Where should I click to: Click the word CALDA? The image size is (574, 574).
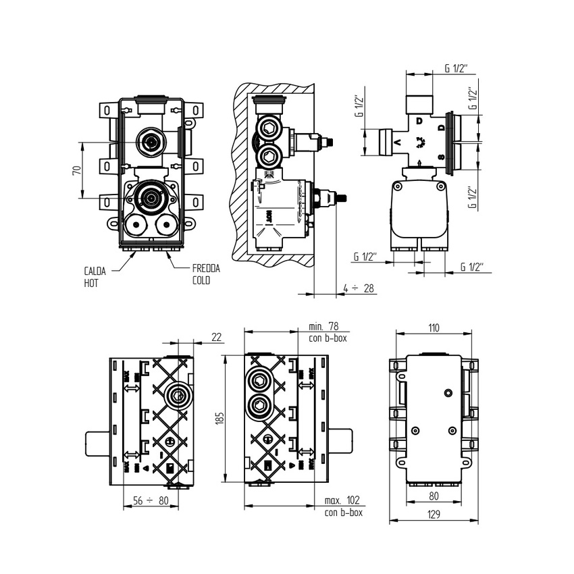point(95,271)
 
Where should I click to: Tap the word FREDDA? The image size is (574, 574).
point(205,268)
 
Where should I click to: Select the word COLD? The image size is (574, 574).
point(201,280)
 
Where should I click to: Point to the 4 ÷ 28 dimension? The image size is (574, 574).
point(359,288)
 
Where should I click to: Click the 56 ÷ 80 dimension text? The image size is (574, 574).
point(149,501)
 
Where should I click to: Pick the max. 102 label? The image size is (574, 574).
point(342,500)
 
